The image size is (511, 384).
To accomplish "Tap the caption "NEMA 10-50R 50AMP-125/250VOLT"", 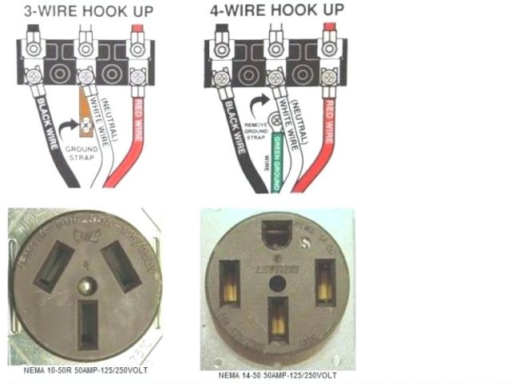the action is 77,370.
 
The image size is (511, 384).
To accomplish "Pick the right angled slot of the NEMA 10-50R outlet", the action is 121,264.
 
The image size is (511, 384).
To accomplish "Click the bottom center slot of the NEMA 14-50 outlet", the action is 278,318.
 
